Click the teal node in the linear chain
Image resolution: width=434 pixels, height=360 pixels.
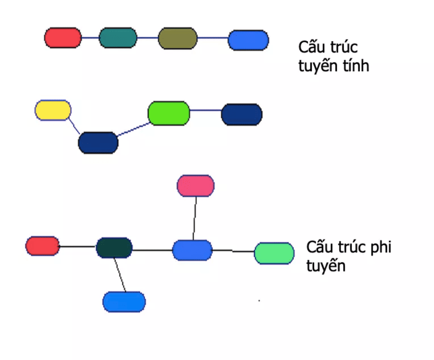[118, 38]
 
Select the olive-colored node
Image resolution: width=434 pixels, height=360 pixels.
[178, 38]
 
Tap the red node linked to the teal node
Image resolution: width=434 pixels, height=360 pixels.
[63, 37]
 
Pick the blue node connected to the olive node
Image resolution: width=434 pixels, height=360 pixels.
[248, 40]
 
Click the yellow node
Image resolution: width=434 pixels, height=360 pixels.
[53, 110]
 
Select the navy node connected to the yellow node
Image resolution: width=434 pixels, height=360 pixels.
[98, 143]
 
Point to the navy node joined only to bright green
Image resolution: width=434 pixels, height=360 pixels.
[242, 115]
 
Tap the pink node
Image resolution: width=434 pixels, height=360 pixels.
[196, 186]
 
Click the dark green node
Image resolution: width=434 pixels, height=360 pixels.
[114, 248]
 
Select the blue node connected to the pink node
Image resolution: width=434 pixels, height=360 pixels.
[192, 250]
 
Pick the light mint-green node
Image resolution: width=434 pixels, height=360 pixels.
[274, 253]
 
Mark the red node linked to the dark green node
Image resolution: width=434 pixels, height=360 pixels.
[42, 246]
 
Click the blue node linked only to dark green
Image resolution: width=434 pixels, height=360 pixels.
[124, 302]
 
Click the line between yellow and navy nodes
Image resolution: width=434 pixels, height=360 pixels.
[75, 126]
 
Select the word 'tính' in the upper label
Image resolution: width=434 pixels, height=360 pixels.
[355, 67]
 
